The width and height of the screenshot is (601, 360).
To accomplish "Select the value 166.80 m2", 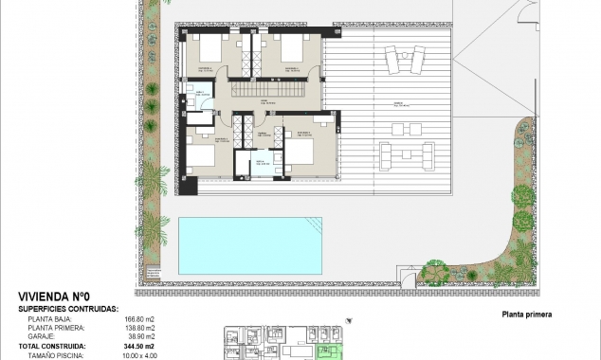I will click(x=143, y=320).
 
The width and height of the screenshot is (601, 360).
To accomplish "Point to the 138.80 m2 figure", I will click(x=143, y=329).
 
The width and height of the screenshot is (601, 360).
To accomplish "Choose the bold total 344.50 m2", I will click(x=141, y=347).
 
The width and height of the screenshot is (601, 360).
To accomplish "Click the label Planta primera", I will click(x=522, y=315).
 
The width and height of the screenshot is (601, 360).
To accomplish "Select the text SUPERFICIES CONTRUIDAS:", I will click(x=68, y=309).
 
